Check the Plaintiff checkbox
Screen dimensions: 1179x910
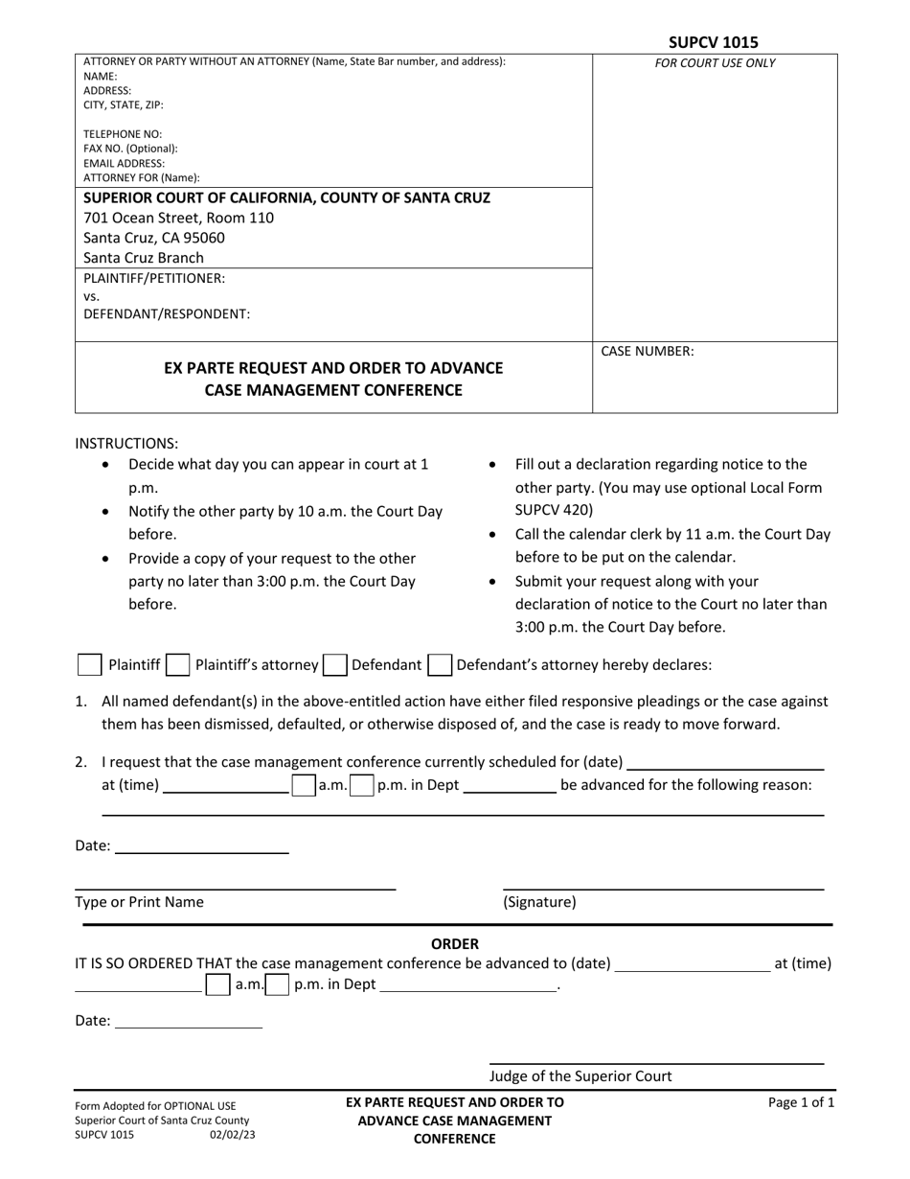89,664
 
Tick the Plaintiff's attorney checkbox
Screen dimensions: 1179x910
177,664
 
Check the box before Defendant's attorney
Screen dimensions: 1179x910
440,664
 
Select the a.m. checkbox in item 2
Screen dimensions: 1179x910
304,785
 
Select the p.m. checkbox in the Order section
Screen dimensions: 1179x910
278,984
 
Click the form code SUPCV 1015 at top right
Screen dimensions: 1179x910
714,42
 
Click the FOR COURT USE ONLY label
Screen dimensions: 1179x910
715,63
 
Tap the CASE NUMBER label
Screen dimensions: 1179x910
647,351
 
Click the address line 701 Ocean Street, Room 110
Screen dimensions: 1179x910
178,218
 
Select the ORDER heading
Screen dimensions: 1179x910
454,944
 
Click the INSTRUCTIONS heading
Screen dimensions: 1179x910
126,443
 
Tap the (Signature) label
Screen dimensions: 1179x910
539,902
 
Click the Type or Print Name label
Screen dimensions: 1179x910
139,902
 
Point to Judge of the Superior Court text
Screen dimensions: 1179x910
580,1075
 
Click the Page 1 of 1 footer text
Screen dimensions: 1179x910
801,1102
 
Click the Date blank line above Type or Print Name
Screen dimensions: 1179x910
201,845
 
